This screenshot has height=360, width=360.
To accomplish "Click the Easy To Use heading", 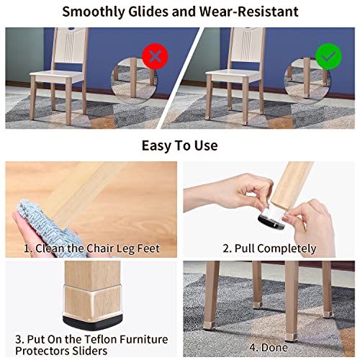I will coord(179,145).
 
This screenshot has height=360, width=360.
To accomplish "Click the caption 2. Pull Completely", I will coord(269,248).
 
